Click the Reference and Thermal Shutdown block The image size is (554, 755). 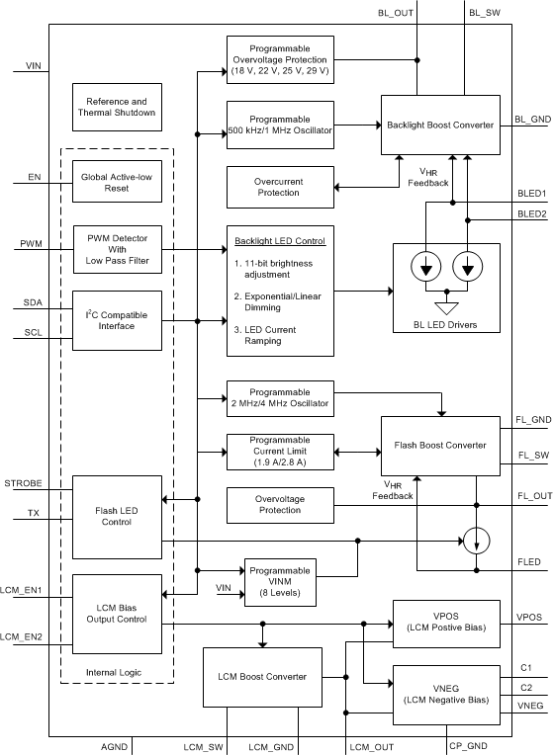click(117, 108)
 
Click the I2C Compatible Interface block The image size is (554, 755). click(117, 321)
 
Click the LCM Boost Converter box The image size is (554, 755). click(262, 677)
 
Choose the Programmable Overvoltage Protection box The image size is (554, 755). click(280, 59)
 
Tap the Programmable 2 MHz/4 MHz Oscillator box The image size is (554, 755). click(280, 398)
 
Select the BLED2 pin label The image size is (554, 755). click(531, 212)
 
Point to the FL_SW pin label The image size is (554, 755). click(532, 457)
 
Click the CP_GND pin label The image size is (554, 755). click(467, 746)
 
